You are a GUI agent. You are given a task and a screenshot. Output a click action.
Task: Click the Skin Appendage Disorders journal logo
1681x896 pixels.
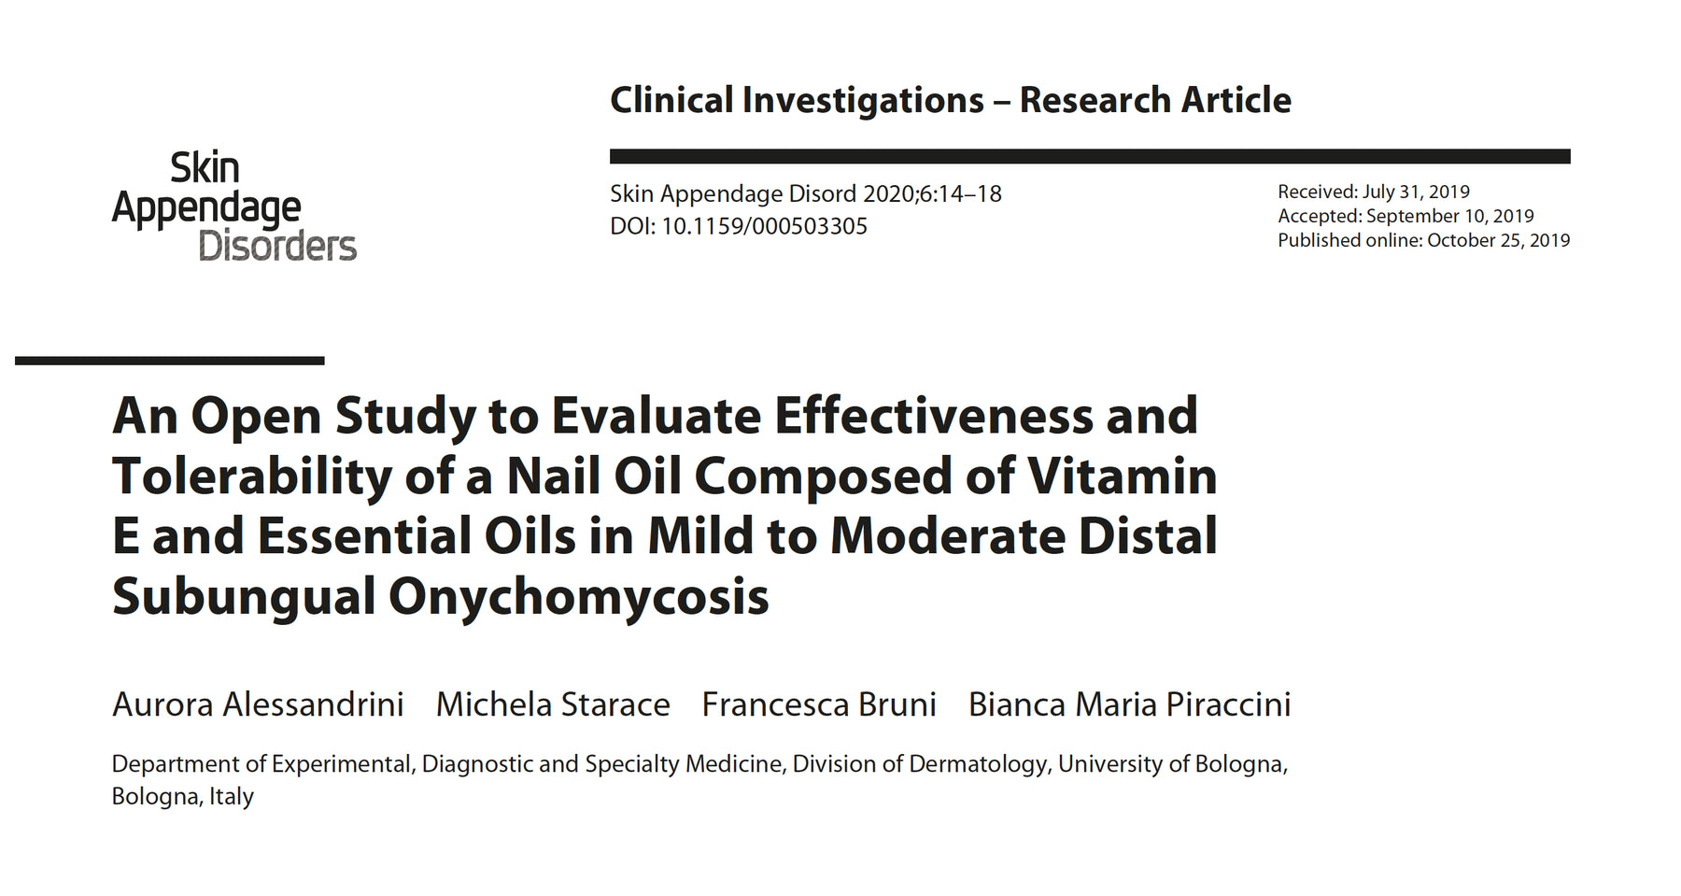[x=233, y=206]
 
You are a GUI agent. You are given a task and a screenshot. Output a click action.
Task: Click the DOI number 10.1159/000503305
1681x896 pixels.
[x=764, y=226]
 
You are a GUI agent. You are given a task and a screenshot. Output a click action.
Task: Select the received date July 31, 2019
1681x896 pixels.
[x=1416, y=192]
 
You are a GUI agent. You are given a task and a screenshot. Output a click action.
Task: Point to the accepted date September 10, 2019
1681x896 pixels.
[x=1449, y=216]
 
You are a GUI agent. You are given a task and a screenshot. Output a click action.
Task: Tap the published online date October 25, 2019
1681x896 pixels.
[x=1498, y=240]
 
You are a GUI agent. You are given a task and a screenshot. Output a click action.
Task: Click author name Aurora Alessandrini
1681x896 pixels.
[x=258, y=704]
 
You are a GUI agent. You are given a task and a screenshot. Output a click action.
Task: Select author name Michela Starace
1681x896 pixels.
[x=553, y=704]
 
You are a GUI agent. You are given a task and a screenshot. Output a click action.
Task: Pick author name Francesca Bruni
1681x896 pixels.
[x=819, y=704]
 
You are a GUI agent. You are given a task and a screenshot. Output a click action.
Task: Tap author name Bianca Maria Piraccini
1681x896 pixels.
[x=1129, y=704]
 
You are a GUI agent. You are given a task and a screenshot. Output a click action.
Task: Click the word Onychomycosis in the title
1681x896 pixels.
[x=578, y=596]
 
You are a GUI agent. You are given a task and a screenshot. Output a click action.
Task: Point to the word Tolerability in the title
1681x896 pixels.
[x=252, y=476]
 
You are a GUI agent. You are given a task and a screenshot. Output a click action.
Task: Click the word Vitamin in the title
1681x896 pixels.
[x=1123, y=476]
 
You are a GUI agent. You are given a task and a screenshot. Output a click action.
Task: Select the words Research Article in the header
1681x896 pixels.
[x=1155, y=100]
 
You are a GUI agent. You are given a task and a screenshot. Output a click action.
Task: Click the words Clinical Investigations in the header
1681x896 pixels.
[x=797, y=100]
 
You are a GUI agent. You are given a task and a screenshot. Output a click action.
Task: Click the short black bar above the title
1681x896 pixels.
[x=170, y=361]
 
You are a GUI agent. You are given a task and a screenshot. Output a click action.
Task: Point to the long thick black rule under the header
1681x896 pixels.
[x=1090, y=156]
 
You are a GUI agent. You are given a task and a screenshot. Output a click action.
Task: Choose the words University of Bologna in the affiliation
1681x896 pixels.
[x=1172, y=764]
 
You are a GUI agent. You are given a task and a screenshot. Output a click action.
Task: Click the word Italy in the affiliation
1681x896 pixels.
[x=232, y=797]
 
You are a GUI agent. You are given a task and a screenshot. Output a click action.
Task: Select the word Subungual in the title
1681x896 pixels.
[x=244, y=596]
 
